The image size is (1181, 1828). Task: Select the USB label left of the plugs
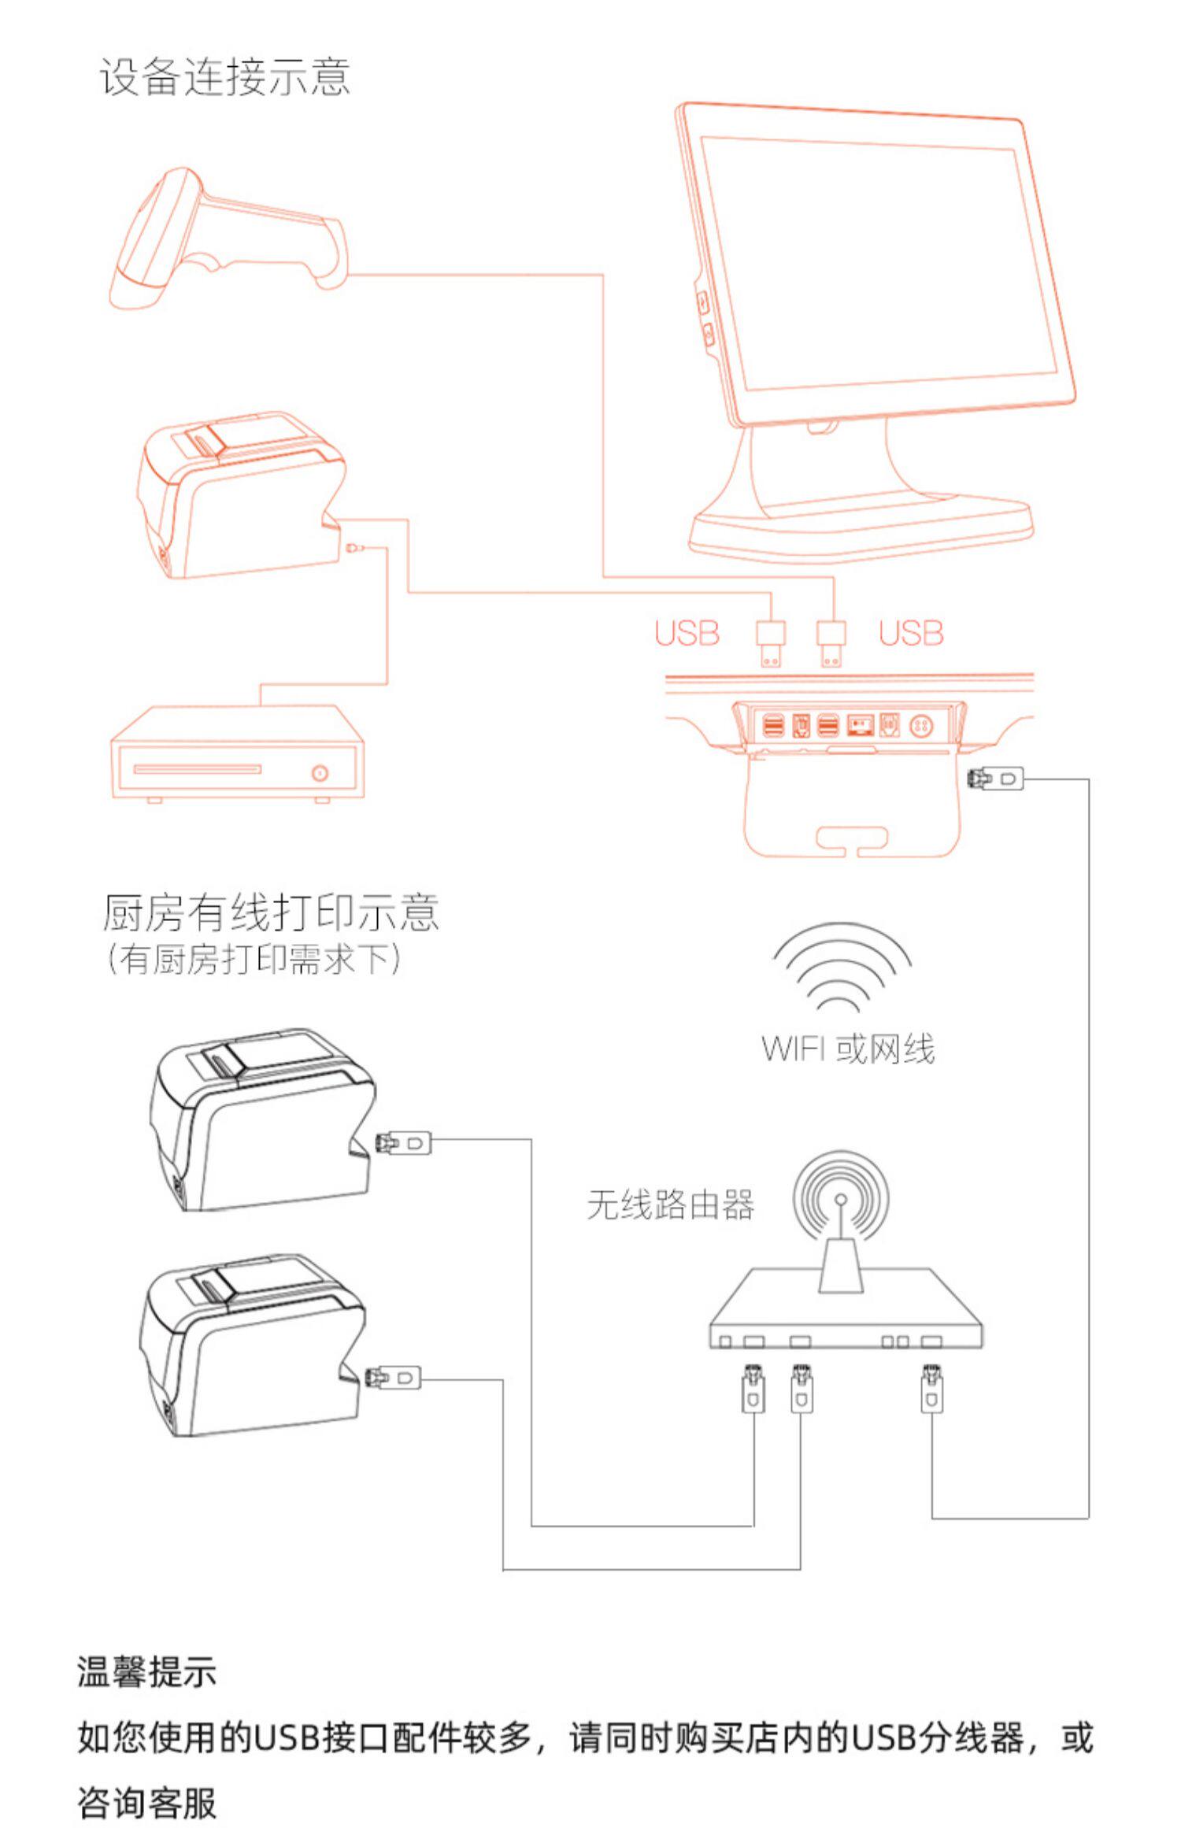[687, 633]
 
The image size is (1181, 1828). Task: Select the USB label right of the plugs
[911, 633]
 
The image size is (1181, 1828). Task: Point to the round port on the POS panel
[922, 724]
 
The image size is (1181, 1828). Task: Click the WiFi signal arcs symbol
[842, 969]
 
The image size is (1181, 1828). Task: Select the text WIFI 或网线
[848, 1049]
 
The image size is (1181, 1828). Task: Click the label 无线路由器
[670, 1205]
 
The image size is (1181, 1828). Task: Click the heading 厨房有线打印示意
[270, 912]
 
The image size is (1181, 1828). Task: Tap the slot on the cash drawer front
[197, 768]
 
